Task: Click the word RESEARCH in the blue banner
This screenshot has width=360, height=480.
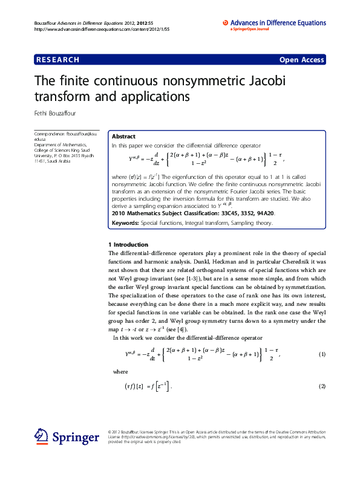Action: click(58, 60)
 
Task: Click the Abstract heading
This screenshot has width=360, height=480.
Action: click(123, 137)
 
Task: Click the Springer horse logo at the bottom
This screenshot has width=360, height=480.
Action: click(41, 436)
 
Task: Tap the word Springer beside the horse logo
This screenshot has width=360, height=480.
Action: click(76, 437)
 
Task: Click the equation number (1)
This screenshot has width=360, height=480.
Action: click(322, 354)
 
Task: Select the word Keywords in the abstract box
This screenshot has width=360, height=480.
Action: click(125, 223)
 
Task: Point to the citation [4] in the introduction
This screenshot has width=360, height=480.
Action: click(189, 330)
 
